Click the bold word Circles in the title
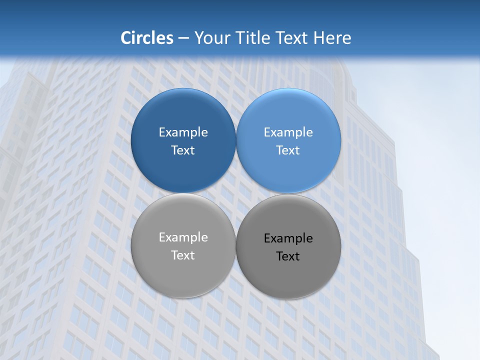[x=147, y=38]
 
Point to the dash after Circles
[x=183, y=38]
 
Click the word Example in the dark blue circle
[x=183, y=132]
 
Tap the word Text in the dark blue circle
[x=183, y=150]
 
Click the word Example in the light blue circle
[x=288, y=132]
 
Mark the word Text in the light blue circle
[x=288, y=150]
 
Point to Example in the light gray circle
[x=183, y=237]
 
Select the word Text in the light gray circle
[x=183, y=255]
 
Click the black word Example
[x=288, y=238]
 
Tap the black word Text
[x=288, y=256]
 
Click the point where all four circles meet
[x=236, y=193]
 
